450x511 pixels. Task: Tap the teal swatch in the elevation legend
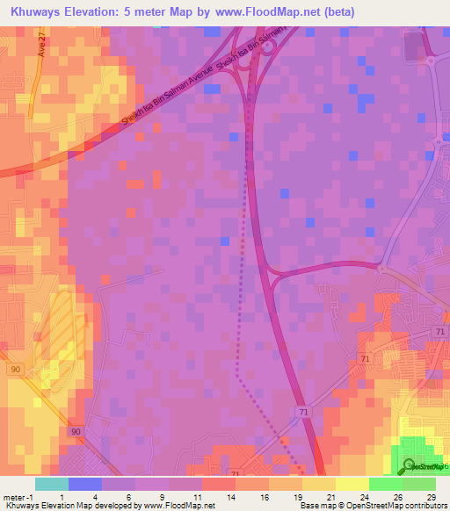tap(52, 484)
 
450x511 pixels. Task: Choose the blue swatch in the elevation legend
tap(85, 484)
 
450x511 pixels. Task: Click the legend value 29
tap(431, 496)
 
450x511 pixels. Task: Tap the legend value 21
tap(330, 496)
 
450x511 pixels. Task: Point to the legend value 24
tap(364, 496)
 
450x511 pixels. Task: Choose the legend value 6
tap(129, 496)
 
